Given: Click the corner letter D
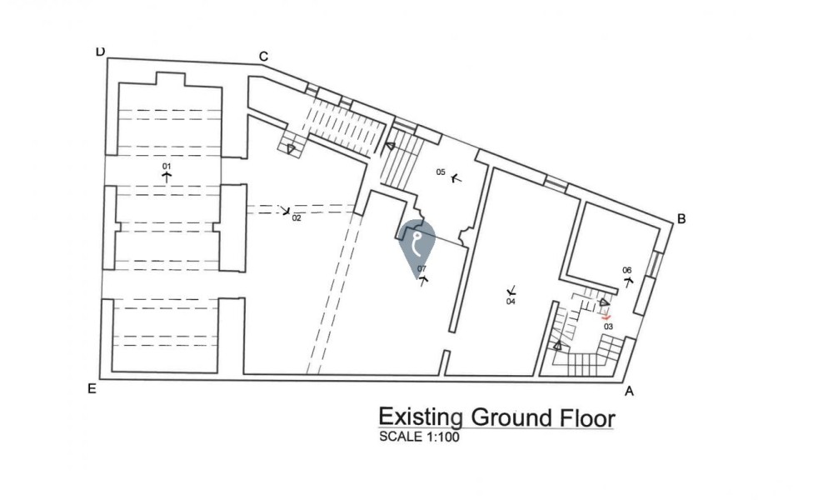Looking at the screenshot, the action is click(x=101, y=52).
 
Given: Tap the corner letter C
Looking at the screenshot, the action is click(x=263, y=57).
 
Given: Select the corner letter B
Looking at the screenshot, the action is click(x=681, y=219).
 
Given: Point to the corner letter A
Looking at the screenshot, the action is click(x=629, y=392).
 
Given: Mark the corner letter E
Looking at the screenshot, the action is click(x=92, y=389).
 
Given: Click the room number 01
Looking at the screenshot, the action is click(x=167, y=167).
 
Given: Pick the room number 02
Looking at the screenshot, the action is click(x=297, y=217).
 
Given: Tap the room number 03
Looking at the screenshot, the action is click(x=608, y=326).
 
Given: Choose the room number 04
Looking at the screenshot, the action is click(x=511, y=302).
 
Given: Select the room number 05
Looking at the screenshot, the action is click(x=441, y=172).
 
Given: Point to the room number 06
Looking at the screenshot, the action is click(x=627, y=270).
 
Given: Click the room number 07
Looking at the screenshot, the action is click(x=421, y=268).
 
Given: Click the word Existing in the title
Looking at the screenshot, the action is click(x=421, y=417).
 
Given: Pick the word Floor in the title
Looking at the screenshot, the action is click(x=588, y=417).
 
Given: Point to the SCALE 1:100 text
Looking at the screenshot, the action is click(x=419, y=437).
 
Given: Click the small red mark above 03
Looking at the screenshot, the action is click(x=607, y=317).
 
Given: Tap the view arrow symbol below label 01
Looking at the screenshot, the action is click(x=167, y=177).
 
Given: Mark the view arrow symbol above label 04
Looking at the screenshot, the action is click(x=511, y=291).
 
